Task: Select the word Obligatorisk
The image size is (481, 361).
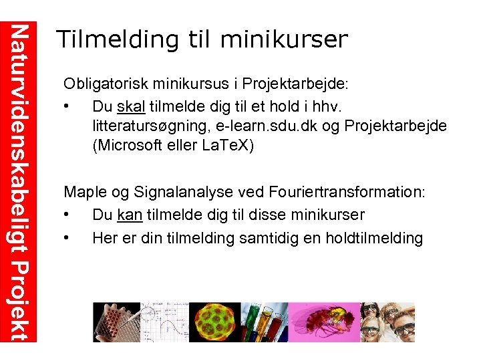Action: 108,84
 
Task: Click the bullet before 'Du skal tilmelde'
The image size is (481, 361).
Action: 67,107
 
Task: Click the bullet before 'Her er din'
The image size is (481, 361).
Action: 67,239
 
